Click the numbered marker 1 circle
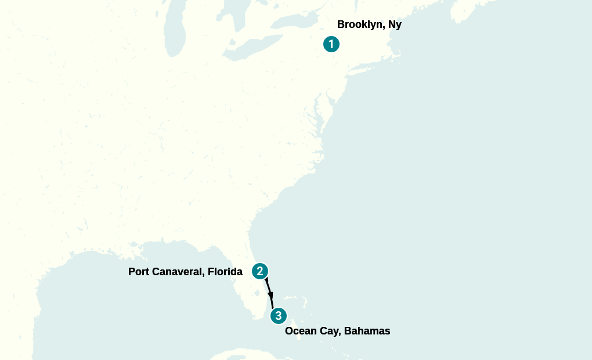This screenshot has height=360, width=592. click(331, 44)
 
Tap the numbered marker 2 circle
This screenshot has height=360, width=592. click(260, 271)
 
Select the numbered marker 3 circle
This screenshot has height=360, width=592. click(279, 316)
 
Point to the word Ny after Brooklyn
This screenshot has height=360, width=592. click(395, 25)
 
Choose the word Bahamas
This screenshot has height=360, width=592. click(367, 331)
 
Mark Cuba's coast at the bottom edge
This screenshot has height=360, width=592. click(244, 354)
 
